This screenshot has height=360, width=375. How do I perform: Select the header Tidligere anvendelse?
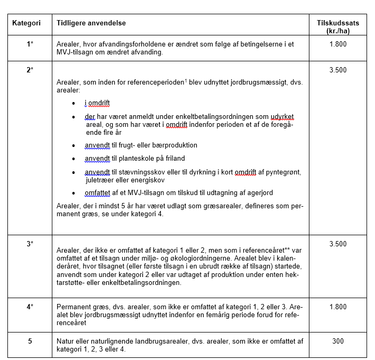[91, 24]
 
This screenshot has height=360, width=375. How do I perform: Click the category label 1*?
[30, 44]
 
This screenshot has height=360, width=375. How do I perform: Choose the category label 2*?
[30, 70]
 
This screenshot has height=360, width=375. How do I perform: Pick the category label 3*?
[30, 244]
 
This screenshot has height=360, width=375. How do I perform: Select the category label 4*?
[30, 307]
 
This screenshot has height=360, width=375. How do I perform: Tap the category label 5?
[30, 341]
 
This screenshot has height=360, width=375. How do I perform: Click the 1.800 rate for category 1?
[338, 44]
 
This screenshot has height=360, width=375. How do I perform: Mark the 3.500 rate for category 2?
[338, 70]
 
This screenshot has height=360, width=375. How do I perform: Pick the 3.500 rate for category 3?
[338, 244]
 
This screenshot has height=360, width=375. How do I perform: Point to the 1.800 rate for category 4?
[338, 307]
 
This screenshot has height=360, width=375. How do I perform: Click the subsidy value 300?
[338, 341]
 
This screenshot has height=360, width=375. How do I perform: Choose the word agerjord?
[260, 192]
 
